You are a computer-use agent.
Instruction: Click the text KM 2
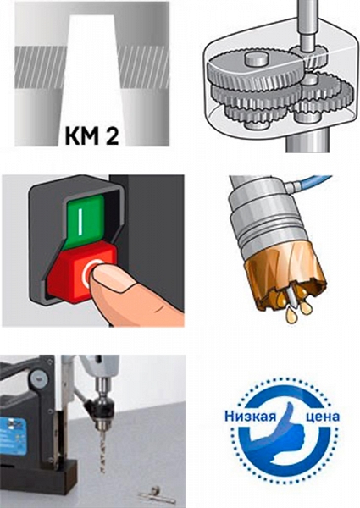pos(91,136)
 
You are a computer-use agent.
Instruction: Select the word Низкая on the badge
pos(251,416)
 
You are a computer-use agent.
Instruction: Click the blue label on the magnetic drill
pos(13,435)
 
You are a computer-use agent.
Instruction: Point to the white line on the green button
pos(80,220)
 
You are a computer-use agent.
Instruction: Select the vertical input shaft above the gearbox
pos(306,25)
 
